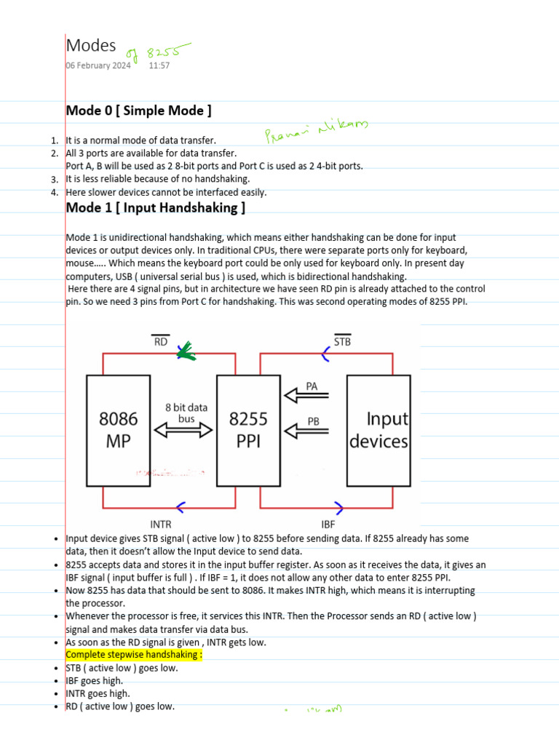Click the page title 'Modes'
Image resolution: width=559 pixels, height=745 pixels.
pyautogui.click(x=91, y=45)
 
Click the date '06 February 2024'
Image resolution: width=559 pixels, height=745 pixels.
pyautogui.click(x=98, y=65)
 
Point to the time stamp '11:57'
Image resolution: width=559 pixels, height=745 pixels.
pyautogui.click(x=159, y=65)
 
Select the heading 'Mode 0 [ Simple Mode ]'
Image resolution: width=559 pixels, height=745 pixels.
pyautogui.click(x=138, y=111)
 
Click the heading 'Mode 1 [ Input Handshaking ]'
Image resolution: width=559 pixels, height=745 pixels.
pyautogui.click(x=155, y=208)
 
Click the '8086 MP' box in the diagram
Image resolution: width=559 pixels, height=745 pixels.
pyautogui.click(x=119, y=430)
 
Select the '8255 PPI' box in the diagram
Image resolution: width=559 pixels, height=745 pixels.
pyautogui.click(x=248, y=430)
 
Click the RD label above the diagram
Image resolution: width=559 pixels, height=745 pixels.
pyautogui.click(x=160, y=340)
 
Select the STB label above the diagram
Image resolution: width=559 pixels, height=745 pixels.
pyautogui.click(x=341, y=340)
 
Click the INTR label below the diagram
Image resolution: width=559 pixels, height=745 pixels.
pyautogui.click(x=160, y=522)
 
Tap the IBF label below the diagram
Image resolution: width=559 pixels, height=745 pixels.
pyautogui.click(x=328, y=522)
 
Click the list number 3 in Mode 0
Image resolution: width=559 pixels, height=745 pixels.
pyautogui.click(x=54, y=179)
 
